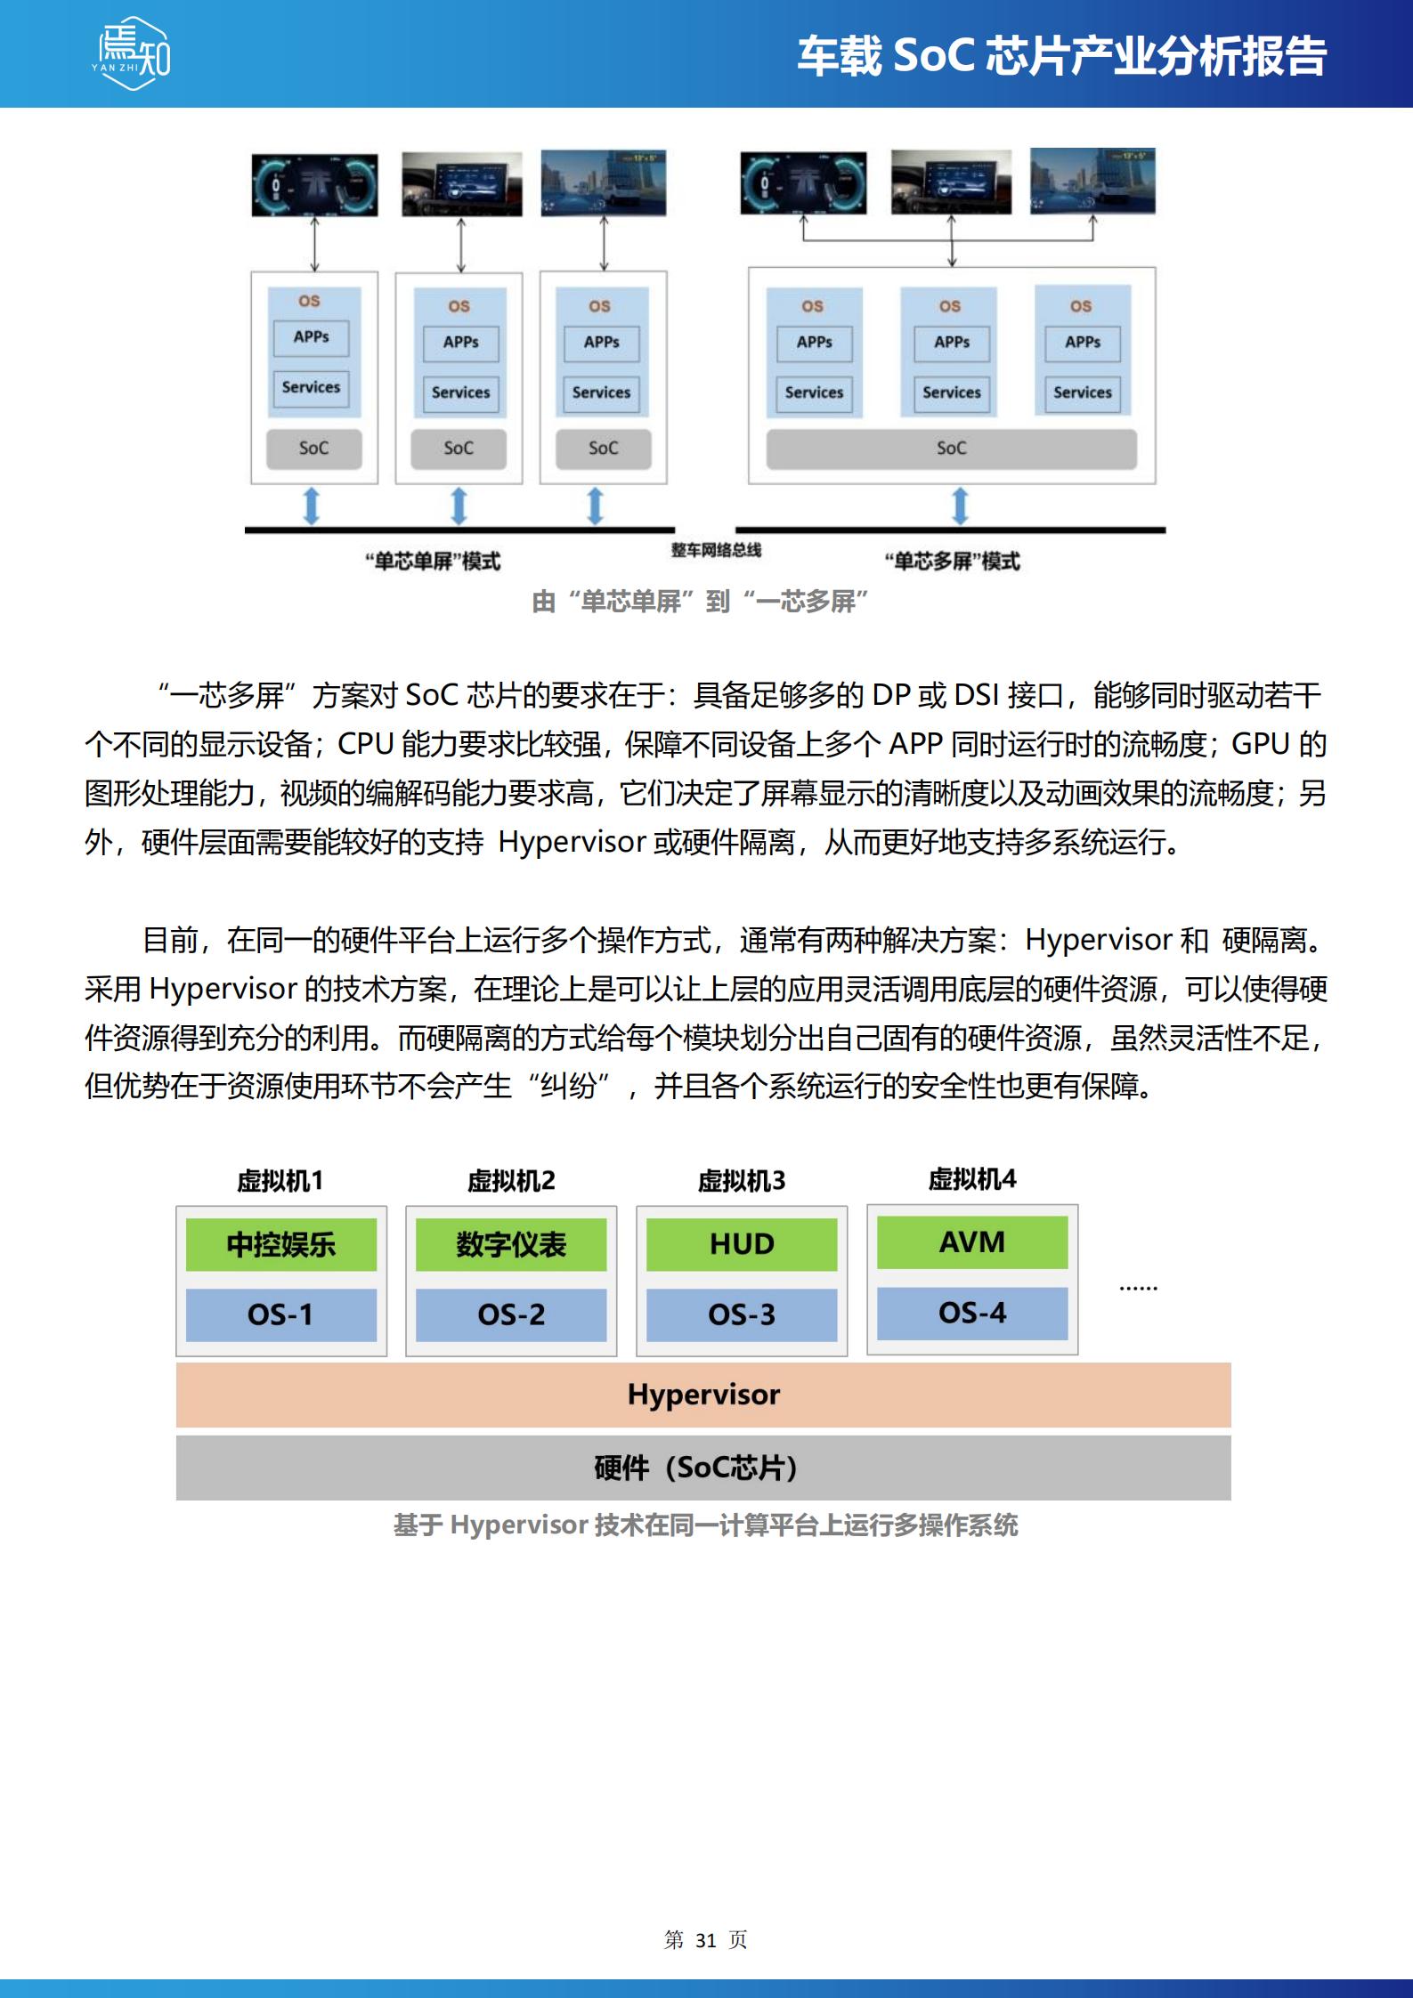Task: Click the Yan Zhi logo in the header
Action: point(133,53)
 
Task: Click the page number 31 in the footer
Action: point(706,1940)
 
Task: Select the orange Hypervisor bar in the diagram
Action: point(703,1395)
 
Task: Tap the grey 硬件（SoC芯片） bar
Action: point(703,1468)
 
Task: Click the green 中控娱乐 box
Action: point(281,1244)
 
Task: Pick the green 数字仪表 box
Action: point(511,1244)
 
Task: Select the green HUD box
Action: point(742,1244)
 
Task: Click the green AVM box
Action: point(972,1242)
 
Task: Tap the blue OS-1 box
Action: point(281,1314)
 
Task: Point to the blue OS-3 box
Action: point(742,1314)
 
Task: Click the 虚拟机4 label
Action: point(972,1179)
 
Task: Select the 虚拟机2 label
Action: point(511,1181)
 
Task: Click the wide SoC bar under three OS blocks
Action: point(951,449)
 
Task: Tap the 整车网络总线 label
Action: point(716,550)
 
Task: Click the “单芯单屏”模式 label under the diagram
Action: point(433,561)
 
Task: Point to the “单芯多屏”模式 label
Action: point(952,561)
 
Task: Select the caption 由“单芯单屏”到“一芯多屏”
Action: point(701,602)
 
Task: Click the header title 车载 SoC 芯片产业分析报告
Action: point(1061,56)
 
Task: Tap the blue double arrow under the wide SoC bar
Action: point(960,506)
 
